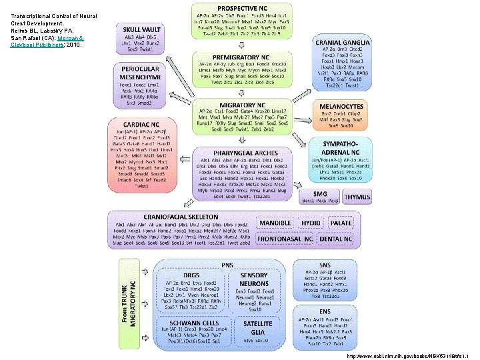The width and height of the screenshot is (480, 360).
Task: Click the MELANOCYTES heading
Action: click(341, 106)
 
